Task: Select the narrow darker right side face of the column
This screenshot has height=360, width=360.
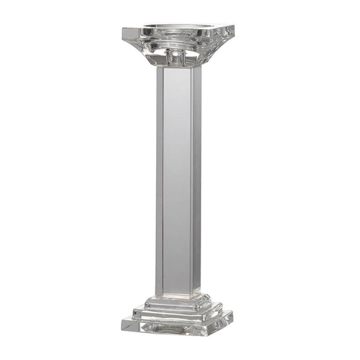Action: point(196,182)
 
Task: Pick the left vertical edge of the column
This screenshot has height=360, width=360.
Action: point(157,182)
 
